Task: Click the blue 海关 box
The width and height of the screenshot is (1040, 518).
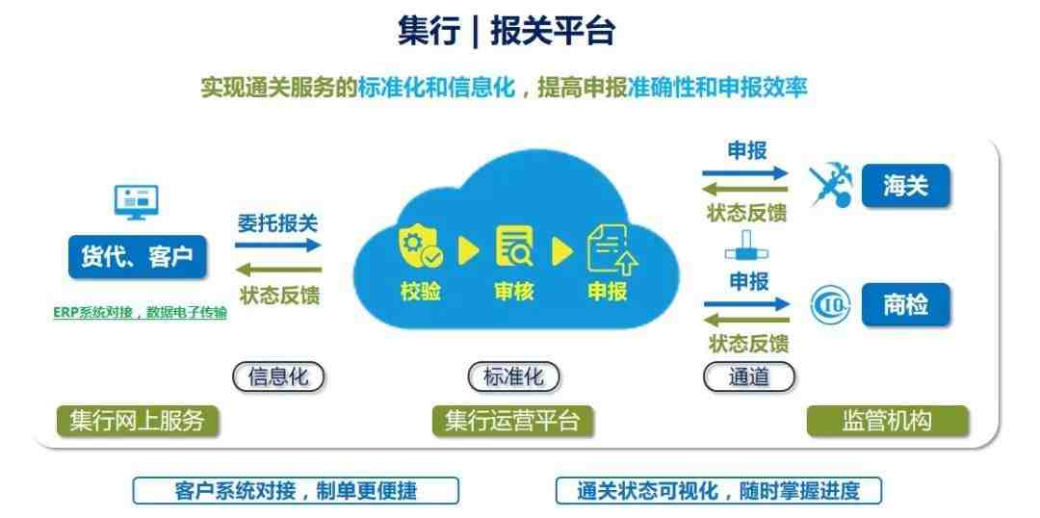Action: coord(905,186)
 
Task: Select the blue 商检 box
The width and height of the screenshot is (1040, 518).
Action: coord(905,304)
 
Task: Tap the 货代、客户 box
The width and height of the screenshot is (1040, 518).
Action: coord(138,256)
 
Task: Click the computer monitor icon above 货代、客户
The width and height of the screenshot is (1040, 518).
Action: coord(136,201)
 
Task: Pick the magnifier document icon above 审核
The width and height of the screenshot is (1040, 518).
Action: coord(514,246)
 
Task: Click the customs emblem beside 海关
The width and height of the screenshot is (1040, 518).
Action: coord(830,187)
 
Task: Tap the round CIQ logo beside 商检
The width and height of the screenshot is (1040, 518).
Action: coord(831,305)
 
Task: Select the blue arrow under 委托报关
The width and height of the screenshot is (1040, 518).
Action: coord(278,245)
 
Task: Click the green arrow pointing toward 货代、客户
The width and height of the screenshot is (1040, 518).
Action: coord(278,270)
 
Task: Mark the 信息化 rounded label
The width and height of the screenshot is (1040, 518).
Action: coord(278,376)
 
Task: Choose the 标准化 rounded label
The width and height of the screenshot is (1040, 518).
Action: coord(514,376)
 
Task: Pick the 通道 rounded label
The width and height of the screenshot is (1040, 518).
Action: coord(749,376)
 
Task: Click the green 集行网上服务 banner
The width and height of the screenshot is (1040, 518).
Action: coord(138,421)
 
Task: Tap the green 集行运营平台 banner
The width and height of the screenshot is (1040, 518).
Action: coord(512,421)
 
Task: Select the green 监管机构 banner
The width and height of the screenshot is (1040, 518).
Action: coord(888,421)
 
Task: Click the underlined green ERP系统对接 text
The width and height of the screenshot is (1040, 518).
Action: coord(140,313)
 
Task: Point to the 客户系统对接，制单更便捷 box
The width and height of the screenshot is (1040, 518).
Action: coord(296,491)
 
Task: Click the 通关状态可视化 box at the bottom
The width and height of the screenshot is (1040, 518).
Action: coord(718,491)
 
